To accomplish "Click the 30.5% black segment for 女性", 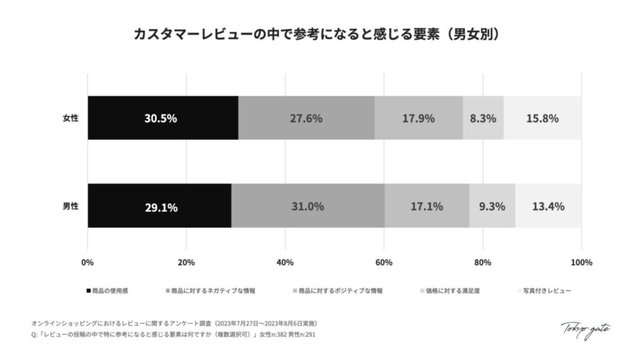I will click(162, 118).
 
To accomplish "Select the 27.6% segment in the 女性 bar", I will click(306, 118).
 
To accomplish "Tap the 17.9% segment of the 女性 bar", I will click(418, 118).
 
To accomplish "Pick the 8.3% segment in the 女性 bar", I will click(482, 118).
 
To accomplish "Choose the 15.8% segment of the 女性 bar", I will click(542, 118).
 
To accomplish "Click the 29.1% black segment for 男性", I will click(159, 206).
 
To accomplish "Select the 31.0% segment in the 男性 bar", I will click(307, 206).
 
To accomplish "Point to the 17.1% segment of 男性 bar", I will click(427, 206).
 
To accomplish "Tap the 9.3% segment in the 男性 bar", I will click(492, 206).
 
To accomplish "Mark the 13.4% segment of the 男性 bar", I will click(548, 206).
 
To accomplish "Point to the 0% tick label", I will click(87, 262).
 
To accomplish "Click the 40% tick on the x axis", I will click(285, 262).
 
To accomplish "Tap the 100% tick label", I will click(581, 262).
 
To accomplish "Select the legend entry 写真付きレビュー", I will click(546, 291).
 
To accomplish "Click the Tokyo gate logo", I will click(586, 329).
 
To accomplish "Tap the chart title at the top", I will click(319, 35).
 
